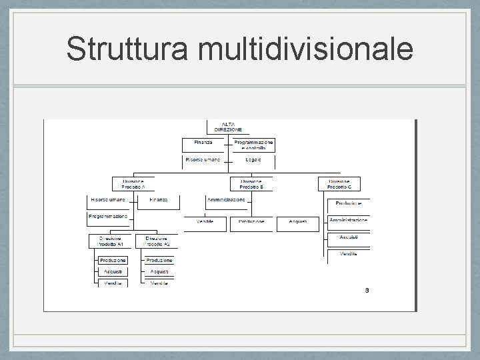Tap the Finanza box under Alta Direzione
click(x=204, y=144)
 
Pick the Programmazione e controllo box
click(x=253, y=145)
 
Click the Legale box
click(x=253, y=161)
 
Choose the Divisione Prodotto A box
click(x=133, y=183)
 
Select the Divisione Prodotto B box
click(x=251, y=183)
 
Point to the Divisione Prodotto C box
click(x=344, y=183)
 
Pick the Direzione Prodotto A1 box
click(x=111, y=241)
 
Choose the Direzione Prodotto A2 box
click(x=157, y=241)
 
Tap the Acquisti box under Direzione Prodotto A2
click(x=159, y=272)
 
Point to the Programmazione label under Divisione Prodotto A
click(x=109, y=217)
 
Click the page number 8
click(x=367, y=290)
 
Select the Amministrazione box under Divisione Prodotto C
click(x=348, y=221)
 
